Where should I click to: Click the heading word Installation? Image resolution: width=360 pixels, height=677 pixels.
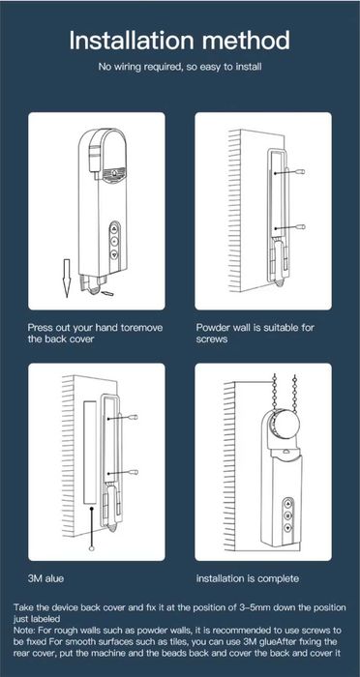pyautogui.click(x=132, y=41)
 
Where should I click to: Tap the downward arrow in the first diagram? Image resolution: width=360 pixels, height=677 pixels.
pyautogui.click(x=67, y=279)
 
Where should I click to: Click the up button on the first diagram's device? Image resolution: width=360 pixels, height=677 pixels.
pyautogui.click(x=114, y=229)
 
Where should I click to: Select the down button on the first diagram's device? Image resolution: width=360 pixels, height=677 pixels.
pyautogui.click(x=114, y=254)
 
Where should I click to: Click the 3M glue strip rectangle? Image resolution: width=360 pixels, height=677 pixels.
pyautogui.click(x=90, y=452)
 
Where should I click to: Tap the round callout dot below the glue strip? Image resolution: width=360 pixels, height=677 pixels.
pyautogui.click(x=91, y=548)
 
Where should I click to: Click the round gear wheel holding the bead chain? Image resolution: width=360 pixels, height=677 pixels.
pyautogui.click(x=285, y=427)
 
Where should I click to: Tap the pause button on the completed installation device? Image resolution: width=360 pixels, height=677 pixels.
pyautogui.click(x=287, y=515)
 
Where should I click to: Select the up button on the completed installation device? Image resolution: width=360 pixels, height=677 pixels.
pyautogui.click(x=287, y=503)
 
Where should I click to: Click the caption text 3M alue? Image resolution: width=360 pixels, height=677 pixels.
pyautogui.click(x=45, y=578)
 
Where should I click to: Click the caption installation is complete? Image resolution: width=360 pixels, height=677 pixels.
pyautogui.click(x=248, y=578)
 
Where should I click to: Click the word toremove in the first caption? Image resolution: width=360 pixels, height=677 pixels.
pyautogui.click(x=140, y=327)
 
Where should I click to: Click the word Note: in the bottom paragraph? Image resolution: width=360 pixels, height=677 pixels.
pyautogui.click(x=24, y=630)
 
